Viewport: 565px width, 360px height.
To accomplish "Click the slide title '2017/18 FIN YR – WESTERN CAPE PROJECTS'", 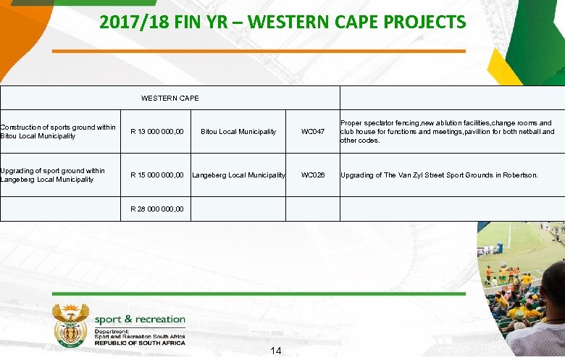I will pyautogui.click(x=282, y=22).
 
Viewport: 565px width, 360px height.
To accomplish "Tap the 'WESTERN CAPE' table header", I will pyautogui.click(x=169, y=98).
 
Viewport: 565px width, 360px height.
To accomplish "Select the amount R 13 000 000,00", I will pyautogui.click(x=156, y=132).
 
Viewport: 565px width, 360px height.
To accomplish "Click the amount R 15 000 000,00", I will pyautogui.click(x=156, y=175).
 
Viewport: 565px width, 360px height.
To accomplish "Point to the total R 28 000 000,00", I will pyautogui.click(x=156, y=209).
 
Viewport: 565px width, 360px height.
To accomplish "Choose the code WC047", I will pyautogui.click(x=313, y=132).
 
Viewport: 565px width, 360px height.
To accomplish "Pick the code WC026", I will pyautogui.click(x=313, y=175).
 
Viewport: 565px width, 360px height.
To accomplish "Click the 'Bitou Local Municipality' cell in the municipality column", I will pyautogui.click(x=238, y=132).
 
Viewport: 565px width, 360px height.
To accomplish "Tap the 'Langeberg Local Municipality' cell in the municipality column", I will pyautogui.click(x=238, y=175).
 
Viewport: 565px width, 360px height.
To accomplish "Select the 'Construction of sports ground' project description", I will pyautogui.click(x=58, y=132).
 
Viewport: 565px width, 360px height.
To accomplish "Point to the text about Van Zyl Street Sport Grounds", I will pyautogui.click(x=439, y=175).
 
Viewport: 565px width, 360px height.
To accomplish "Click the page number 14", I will pyautogui.click(x=275, y=351).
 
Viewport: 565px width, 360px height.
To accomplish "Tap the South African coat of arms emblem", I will pyautogui.click(x=70, y=323).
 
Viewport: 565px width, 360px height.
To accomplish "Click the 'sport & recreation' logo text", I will pyautogui.click(x=139, y=319).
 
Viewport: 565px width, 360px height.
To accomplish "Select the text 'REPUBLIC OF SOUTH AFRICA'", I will pyautogui.click(x=139, y=342).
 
